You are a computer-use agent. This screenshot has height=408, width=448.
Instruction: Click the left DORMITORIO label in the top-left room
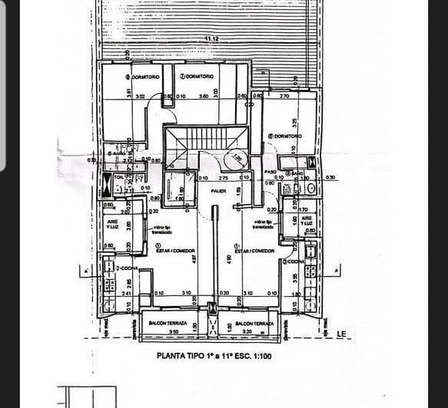pyautogui.click(x=144, y=77)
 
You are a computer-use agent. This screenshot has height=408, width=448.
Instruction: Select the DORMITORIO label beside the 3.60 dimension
pyautogui.click(x=199, y=77)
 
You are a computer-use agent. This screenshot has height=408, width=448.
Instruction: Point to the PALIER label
pyautogui.click(x=218, y=190)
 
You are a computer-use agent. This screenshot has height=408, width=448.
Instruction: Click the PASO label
pyautogui.click(x=270, y=172)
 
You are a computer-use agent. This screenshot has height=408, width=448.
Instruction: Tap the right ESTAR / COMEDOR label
pyautogui.click(x=254, y=251)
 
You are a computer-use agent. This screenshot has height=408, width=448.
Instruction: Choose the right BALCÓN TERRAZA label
pyautogui.click(x=254, y=324)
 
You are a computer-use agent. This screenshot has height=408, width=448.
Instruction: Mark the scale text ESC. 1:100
pyautogui.click(x=250, y=356)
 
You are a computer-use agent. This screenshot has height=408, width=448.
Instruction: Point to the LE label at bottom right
pyautogui.click(x=342, y=334)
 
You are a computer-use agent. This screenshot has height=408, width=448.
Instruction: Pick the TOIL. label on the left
pyautogui.click(x=119, y=176)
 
